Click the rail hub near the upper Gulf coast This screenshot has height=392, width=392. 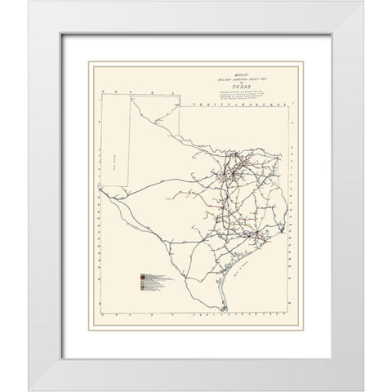[x=260, y=234]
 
